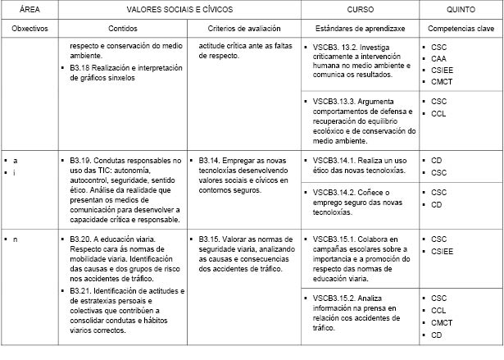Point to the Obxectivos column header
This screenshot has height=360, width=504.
tap(30, 28)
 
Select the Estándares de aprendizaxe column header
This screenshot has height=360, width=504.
tap(359, 28)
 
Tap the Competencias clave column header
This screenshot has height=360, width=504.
tap(460, 28)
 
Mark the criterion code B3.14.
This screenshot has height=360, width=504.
tap(210, 161)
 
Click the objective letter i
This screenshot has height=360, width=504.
tap(15, 173)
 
